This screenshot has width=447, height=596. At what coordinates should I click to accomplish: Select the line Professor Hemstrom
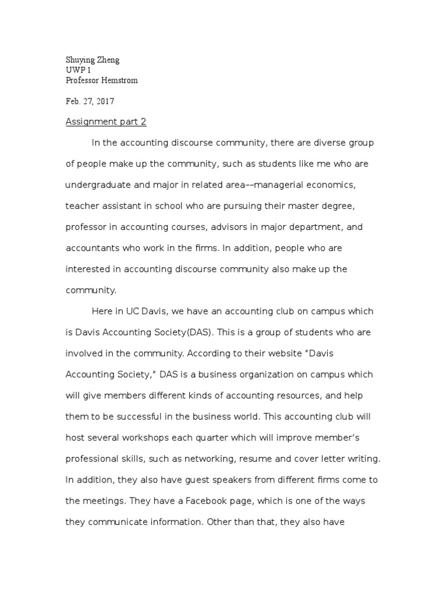coord(102,80)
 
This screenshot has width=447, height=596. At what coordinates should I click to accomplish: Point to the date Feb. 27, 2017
coord(90,101)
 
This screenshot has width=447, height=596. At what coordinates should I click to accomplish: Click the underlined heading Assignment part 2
coord(106,122)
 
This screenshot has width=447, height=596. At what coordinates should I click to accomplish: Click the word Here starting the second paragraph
coord(102,311)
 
